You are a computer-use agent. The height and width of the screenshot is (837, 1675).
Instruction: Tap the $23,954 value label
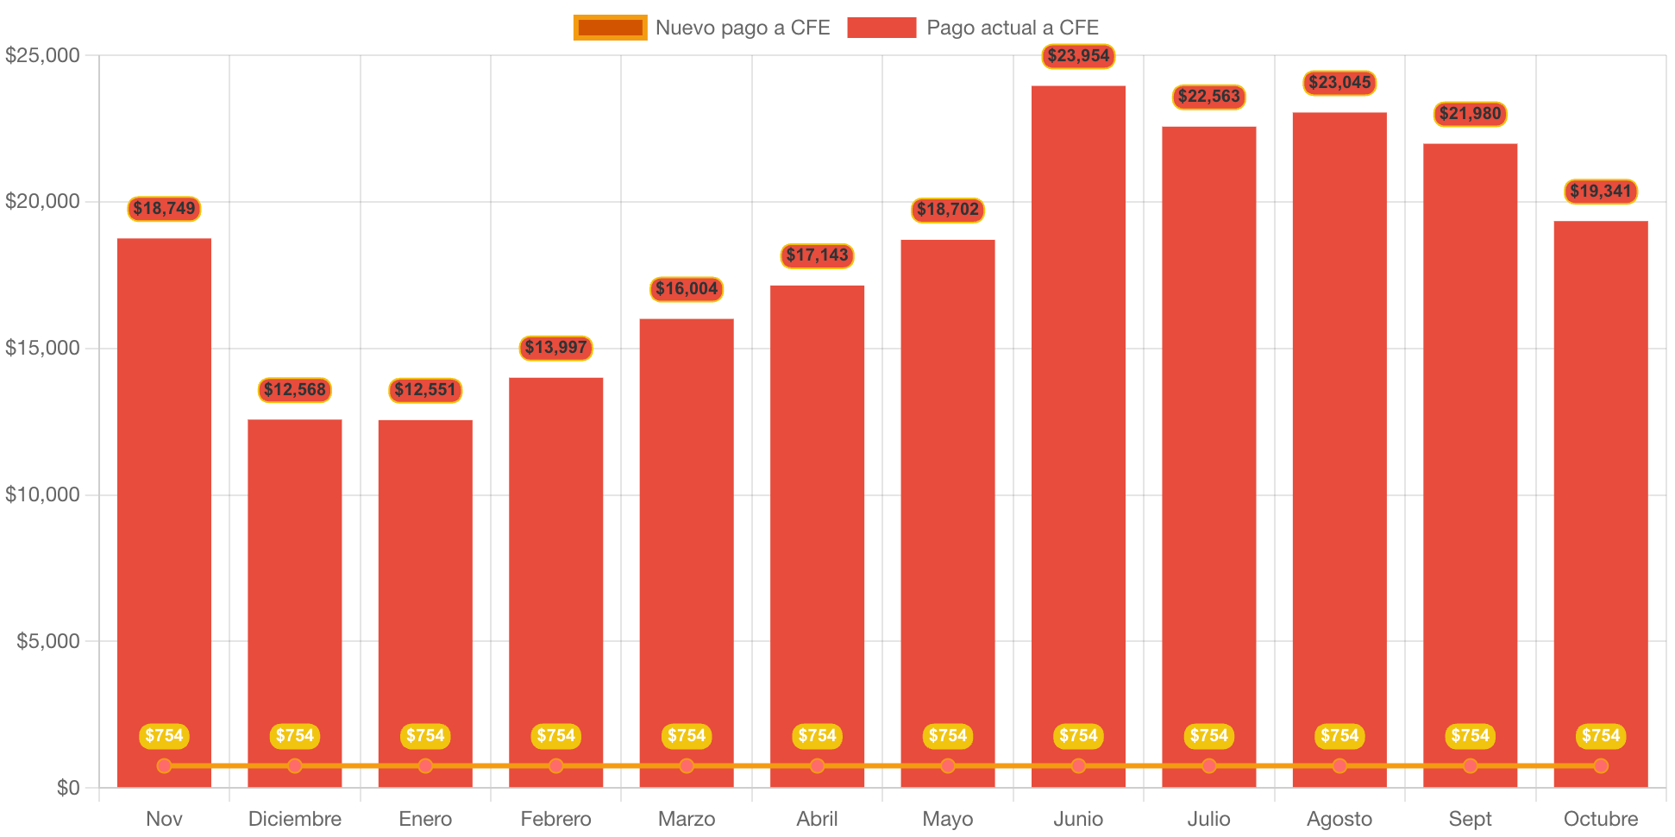1078,56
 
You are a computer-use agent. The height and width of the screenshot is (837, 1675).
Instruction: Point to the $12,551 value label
425,390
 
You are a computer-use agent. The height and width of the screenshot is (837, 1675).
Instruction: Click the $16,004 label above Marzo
687,289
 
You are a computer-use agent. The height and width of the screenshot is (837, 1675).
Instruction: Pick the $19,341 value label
1601,192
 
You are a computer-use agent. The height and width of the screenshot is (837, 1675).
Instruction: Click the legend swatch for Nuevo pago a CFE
610,28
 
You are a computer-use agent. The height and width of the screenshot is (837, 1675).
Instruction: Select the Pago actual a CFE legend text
1013,28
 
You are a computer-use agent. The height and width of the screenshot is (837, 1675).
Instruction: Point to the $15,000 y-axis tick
42,348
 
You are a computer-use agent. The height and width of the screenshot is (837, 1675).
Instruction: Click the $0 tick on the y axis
68,787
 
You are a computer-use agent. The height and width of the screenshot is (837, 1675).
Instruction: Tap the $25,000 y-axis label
42,55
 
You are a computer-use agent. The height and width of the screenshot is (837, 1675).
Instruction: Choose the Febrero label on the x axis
556,819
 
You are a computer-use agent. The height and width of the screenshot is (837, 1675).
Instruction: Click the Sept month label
1470,819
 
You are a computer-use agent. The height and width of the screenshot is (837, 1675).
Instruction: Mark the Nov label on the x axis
164,819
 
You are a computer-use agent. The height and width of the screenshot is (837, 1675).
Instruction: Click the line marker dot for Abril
817,765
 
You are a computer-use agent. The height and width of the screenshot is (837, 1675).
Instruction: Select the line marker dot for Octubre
1601,765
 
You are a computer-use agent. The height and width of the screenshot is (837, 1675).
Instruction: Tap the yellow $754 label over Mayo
948,736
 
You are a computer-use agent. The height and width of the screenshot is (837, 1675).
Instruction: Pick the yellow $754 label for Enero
425,736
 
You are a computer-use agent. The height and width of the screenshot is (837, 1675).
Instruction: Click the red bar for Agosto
1339,431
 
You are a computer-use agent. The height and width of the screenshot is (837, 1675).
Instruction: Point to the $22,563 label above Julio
1208,97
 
